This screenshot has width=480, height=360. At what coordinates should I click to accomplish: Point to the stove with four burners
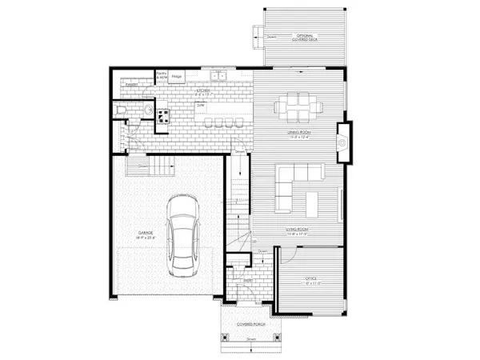pos(162,117)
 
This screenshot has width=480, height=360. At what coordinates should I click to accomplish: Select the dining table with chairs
pos(296,106)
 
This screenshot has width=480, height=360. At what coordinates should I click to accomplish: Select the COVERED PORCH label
pos(251,324)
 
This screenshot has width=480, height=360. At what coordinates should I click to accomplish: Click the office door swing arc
pos(289,255)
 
